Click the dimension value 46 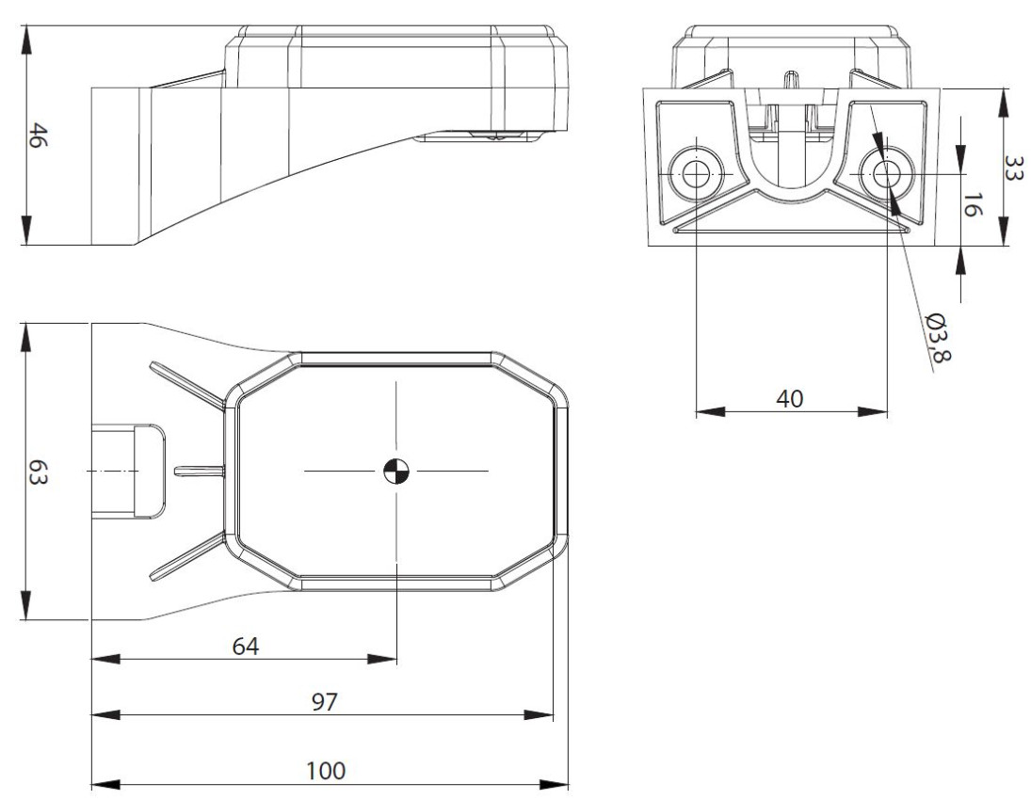tap(38, 136)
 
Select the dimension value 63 tap(38, 472)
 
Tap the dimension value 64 tap(246, 647)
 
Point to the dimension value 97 tap(324, 702)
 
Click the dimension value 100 tap(326, 770)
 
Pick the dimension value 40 tap(790, 398)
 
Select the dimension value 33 tap(1015, 167)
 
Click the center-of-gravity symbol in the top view tap(395, 471)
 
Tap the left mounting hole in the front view tap(696, 173)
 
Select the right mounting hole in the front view tap(887, 173)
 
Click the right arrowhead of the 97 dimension tap(539, 715)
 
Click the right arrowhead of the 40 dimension tap(873, 412)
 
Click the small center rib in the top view tap(200, 470)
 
